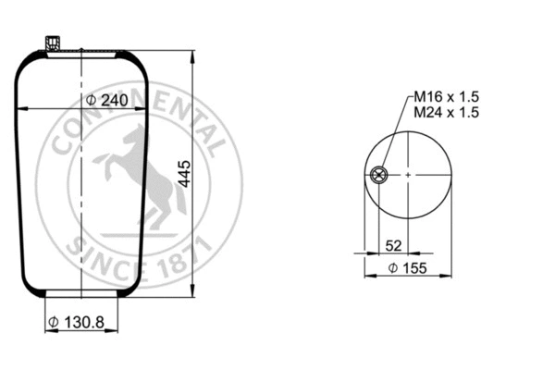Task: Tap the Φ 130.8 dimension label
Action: [77, 322]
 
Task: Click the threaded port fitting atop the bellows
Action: [51, 43]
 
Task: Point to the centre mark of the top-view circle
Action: [406, 174]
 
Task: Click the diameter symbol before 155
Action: [392, 267]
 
